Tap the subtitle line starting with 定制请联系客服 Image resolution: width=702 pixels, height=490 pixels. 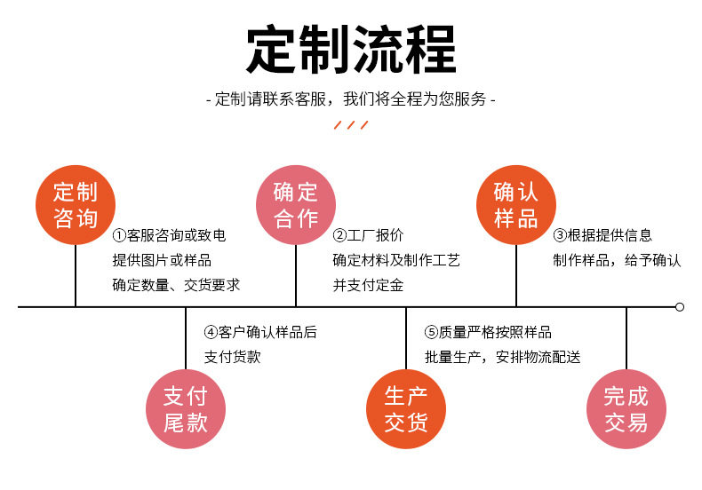pyautogui.click(x=350, y=99)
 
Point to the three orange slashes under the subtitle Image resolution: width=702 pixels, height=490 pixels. pyautogui.click(x=350, y=124)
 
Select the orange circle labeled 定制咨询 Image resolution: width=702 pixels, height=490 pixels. pyautogui.click(x=76, y=205)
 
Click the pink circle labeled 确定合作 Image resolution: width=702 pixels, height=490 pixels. pyautogui.click(x=296, y=205)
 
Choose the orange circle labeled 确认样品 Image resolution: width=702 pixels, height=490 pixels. pyautogui.click(x=516, y=205)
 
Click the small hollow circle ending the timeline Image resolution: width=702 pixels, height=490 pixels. pyautogui.click(x=680, y=307)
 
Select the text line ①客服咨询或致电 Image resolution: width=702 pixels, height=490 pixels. pyautogui.click(x=169, y=236)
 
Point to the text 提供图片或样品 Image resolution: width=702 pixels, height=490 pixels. pyautogui.click(x=162, y=261)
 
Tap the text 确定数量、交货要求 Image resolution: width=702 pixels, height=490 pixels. pyautogui.click(x=176, y=286)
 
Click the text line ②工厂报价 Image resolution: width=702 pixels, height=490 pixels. pyautogui.click(x=368, y=236)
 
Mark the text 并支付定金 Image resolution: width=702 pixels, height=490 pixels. pyautogui.click(x=368, y=286)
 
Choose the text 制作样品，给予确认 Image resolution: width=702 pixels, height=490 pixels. pyautogui.click(x=617, y=261)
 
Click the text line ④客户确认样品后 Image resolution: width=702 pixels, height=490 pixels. pyautogui.click(x=260, y=333)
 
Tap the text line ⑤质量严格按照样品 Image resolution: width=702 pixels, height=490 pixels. pyautogui.click(x=488, y=333)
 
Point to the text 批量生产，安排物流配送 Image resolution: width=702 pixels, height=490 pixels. pyautogui.click(x=502, y=358)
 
